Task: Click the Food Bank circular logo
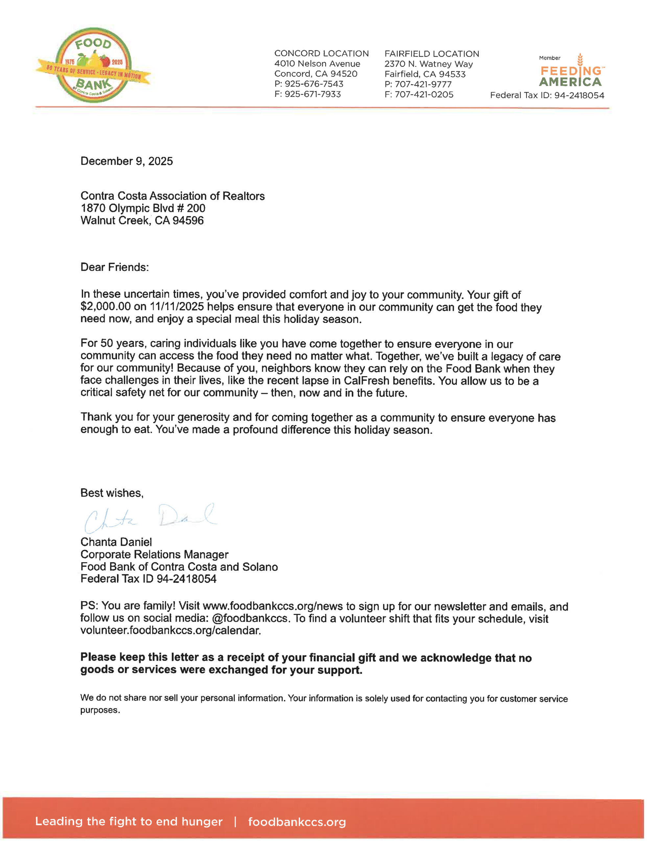[x=94, y=65]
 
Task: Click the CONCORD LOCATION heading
[x=321, y=54]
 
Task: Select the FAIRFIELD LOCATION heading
[x=431, y=54]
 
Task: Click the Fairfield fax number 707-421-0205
[x=424, y=95]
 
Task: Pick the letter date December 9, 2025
[x=127, y=161]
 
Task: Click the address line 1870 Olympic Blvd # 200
[x=143, y=208]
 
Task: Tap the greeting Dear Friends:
[x=114, y=267]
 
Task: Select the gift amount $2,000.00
[x=105, y=307]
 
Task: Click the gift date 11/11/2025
[x=176, y=307]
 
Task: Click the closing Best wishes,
[x=112, y=493]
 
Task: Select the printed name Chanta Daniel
[x=116, y=542]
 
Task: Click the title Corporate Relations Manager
[x=154, y=555]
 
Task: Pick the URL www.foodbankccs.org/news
[x=272, y=606]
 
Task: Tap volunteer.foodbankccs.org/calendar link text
[x=170, y=631]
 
